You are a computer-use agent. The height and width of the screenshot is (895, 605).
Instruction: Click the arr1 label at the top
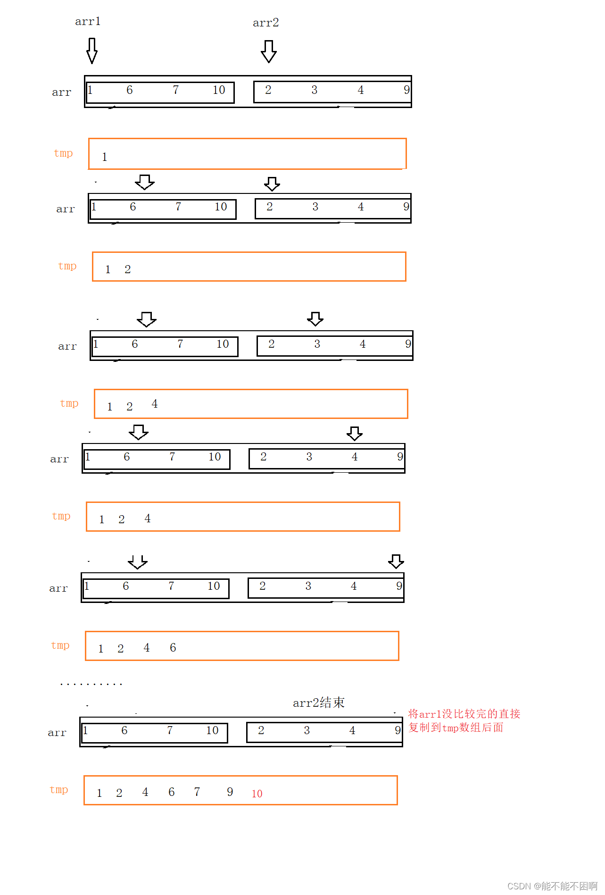click(88, 21)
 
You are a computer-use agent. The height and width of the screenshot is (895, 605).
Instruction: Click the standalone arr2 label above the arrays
click(266, 23)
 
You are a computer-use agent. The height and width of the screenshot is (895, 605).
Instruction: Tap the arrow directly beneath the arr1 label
click(92, 50)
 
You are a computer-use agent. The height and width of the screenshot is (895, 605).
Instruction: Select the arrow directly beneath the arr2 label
click(269, 51)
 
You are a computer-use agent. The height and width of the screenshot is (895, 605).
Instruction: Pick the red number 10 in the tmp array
click(257, 794)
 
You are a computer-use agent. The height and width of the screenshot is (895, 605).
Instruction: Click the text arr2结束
click(319, 703)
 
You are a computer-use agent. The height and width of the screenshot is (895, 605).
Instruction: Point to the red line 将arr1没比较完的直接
click(464, 714)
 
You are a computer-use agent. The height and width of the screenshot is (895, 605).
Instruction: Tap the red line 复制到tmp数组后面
click(456, 728)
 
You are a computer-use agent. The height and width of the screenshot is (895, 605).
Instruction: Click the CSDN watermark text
click(552, 886)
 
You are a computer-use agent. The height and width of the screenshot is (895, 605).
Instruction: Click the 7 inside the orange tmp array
click(197, 792)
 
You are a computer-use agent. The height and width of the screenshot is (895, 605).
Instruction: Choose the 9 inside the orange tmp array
click(230, 792)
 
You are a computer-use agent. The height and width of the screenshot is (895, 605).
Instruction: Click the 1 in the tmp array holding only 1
click(105, 157)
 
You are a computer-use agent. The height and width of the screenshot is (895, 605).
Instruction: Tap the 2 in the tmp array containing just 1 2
click(128, 269)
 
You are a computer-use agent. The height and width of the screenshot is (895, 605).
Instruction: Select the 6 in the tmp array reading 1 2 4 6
click(173, 648)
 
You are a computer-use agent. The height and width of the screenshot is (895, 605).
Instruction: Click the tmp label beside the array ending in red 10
click(59, 790)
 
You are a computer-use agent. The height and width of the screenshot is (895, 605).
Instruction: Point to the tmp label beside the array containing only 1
click(63, 153)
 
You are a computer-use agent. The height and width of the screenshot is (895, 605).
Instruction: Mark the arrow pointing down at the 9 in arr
click(396, 561)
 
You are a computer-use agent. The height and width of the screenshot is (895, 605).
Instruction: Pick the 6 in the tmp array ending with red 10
click(172, 792)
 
